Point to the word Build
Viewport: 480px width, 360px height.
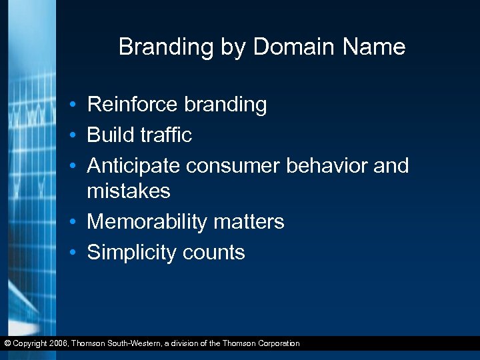pos(110,135)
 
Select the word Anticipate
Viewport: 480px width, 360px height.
pos(134,166)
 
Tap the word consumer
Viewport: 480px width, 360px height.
pos(233,166)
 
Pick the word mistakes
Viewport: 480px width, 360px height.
pos(129,191)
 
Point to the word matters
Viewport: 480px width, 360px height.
pos(249,222)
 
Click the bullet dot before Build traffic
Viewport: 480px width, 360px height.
pos(78,136)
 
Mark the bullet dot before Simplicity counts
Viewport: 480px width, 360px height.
pos(78,253)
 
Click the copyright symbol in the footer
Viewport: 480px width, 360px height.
pos(7,344)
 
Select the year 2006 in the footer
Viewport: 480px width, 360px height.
pos(59,344)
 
